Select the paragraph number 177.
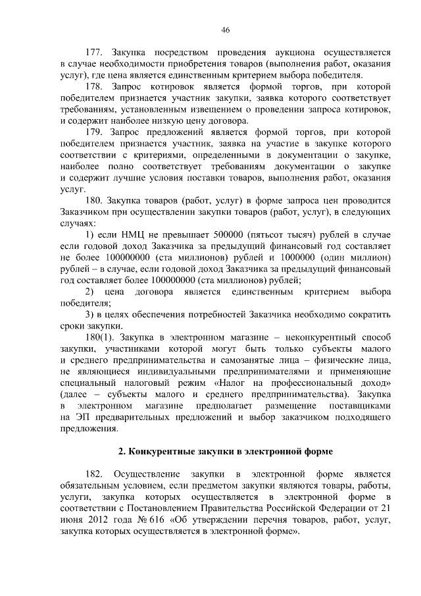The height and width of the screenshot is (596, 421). click(x=96, y=51)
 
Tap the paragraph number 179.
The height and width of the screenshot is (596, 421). click(x=96, y=133)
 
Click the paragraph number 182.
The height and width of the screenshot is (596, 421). click(x=96, y=474)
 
